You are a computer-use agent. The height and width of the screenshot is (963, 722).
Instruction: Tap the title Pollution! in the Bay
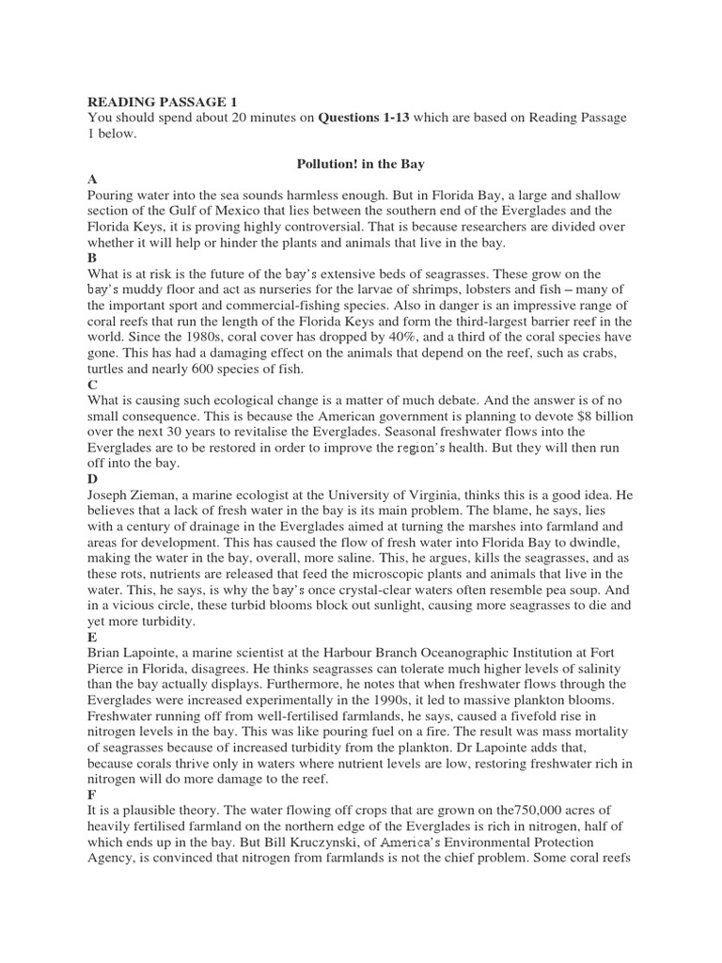point(361,165)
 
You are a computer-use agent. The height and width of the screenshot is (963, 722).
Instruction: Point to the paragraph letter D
point(92,479)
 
